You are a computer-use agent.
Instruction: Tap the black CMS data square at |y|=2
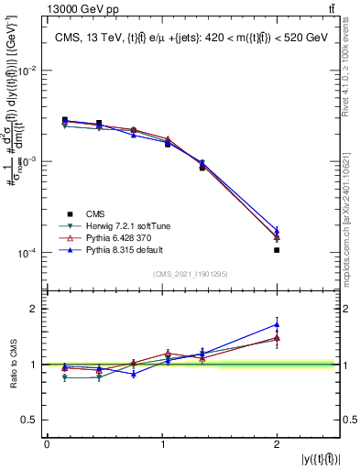[277, 250]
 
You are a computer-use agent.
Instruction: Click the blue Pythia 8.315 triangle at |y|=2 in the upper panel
[277, 231]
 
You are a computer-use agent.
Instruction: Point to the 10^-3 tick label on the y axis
[27, 161]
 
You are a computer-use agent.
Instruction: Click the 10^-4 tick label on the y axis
[27, 252]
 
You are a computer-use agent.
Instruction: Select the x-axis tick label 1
[162, 444]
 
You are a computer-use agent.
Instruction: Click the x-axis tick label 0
[47, 444]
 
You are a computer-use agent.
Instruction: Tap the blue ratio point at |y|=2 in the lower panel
[277, 324]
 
